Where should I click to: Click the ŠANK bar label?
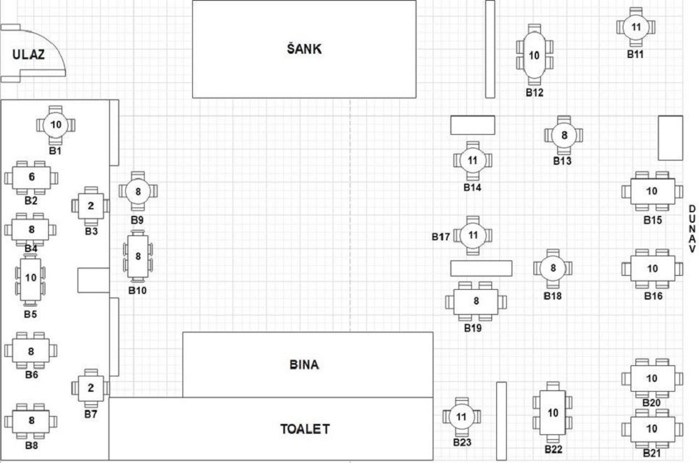tap(304, 48)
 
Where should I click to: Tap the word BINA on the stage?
tap(304, 365)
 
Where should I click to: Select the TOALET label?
tap(305, 429)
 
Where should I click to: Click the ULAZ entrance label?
tap(29, 54)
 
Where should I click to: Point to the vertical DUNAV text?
tap(692, 229)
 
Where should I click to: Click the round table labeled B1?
tap(56, 124)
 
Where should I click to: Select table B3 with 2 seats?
tap(91, 206)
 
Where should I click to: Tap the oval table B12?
tap(534, 55)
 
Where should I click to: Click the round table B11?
tap(635, 27)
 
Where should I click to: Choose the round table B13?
tap(564, 135)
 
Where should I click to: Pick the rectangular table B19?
tap(475, 302)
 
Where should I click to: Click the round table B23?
tap(461, 417)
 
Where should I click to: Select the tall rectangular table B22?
tap(553, 413)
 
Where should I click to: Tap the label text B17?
tap(440, 237)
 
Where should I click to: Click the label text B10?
tap(137, 291)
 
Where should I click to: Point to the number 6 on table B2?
tap(31, 177)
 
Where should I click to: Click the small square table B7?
tap(91, 388)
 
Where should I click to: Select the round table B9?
tap(138, 191)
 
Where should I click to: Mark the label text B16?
tap(653, 296)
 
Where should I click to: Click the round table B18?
tap(553, 268)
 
